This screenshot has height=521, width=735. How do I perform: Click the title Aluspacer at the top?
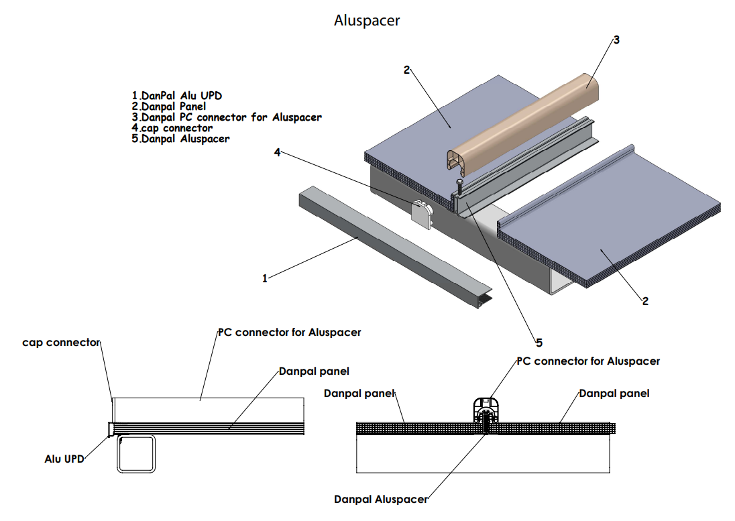pos(367,21)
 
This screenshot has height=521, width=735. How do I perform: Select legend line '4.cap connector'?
pos(172,127)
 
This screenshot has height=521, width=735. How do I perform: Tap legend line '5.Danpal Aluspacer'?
pos(181,139)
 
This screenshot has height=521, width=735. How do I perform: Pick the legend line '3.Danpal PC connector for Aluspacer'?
pos(227,117)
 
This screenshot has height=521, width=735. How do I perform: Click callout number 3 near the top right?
pos(616,40)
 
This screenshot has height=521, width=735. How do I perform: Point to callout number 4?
pos(277,152)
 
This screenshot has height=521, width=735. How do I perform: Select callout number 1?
pos(265,278)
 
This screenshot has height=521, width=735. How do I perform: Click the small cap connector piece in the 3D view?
pos(422,213)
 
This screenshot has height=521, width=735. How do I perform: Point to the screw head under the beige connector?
pos(459,181)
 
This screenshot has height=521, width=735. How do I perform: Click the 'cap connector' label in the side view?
pos(61,343)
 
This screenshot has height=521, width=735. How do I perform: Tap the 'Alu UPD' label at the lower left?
pos(64,459)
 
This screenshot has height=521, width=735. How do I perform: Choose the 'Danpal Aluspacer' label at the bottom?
pos(381,499)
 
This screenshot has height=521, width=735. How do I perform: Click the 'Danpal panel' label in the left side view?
pos(314,371)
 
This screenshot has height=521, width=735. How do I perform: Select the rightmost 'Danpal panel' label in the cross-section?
pos(614,393)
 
